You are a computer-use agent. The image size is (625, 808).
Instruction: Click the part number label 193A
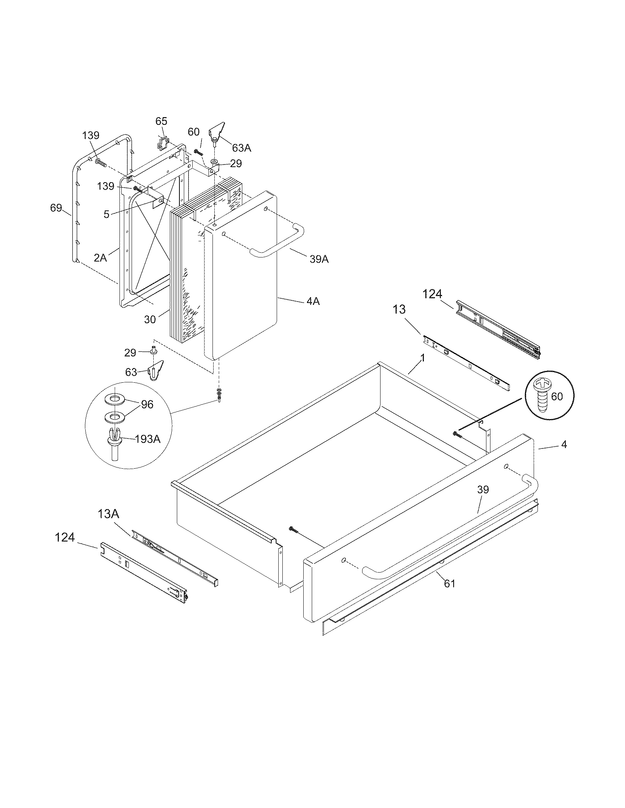coord(148,439)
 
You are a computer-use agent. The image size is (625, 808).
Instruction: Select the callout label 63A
coord(242,148)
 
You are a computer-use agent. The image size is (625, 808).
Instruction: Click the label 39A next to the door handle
coord(319,259)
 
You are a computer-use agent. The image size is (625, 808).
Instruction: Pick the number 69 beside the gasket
coord(56,208)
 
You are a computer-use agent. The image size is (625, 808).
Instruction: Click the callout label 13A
coord(108,514)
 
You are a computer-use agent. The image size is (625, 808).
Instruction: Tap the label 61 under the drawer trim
coord(449,584)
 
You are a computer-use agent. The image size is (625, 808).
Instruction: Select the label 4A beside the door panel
coord(313,301)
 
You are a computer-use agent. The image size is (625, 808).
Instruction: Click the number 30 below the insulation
coord(150,320)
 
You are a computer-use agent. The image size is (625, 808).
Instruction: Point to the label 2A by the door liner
coord(100,257)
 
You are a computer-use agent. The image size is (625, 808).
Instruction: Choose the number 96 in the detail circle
coord(147,404)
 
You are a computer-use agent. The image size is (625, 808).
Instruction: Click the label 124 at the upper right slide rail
coord(432,294)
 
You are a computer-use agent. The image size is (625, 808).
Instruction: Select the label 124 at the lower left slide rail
coord(65,537)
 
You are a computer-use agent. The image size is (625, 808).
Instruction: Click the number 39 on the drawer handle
coord(483,490)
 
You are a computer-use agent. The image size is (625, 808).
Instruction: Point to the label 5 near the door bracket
coord(106,214)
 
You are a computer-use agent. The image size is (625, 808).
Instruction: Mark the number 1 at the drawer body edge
coord(422,358)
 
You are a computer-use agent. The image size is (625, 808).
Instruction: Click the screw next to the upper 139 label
coord(101,162)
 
